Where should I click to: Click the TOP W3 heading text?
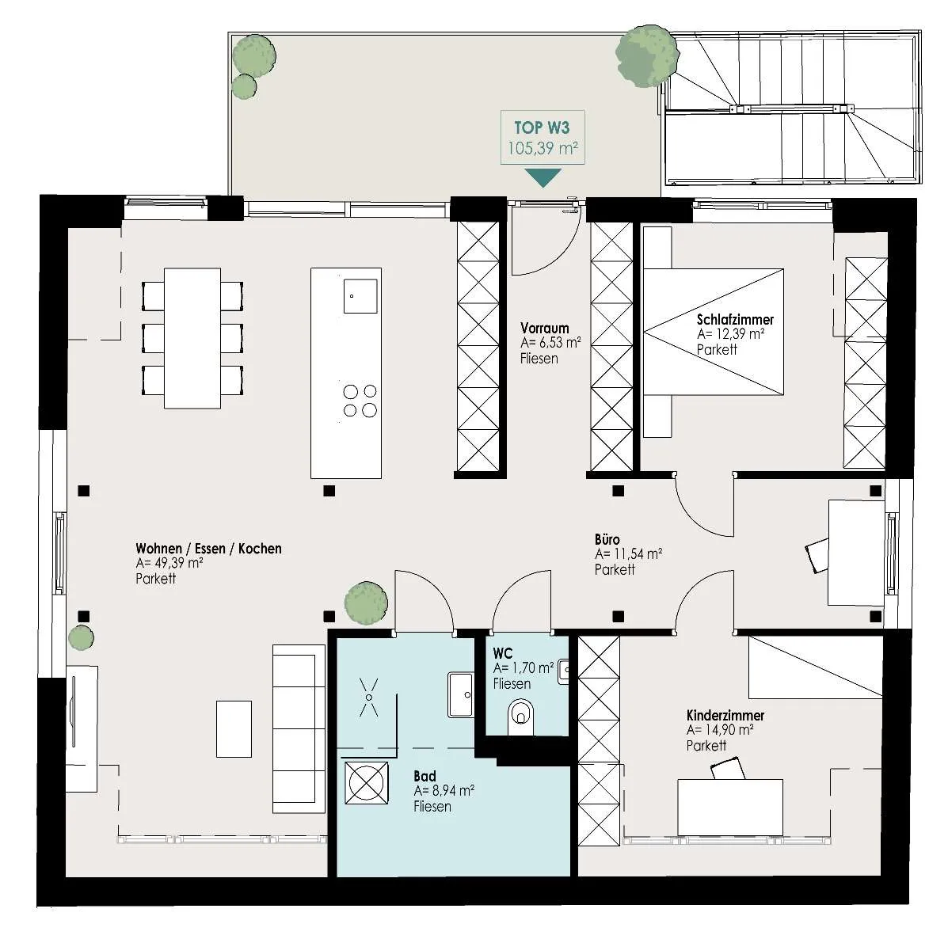click(542, 128)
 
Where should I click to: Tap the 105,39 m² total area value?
click(543, 148)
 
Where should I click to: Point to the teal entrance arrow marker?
click(543, 177)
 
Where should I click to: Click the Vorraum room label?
click(545, 328)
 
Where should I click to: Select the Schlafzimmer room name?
click(735, 320)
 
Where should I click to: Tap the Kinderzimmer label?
click(725, 716)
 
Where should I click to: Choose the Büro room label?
click(607, 540)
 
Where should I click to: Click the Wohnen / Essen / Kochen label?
click(208, 549)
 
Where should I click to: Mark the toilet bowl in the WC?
click(520, 715)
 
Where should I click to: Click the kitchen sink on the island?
click(360, 296)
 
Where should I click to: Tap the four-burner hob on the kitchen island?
click(360, 401)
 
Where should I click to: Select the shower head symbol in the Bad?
click(369, 698)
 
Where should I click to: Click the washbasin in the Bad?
click(461, 695)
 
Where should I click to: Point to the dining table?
click(192, 338)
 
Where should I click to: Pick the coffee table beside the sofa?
click(234, 728)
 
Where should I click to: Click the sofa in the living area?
click(299, 728)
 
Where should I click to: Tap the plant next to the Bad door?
click(366, 603)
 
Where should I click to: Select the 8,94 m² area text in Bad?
click(444, 791)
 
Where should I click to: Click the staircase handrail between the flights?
click(791, 108)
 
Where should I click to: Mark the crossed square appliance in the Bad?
click(367, 782)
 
